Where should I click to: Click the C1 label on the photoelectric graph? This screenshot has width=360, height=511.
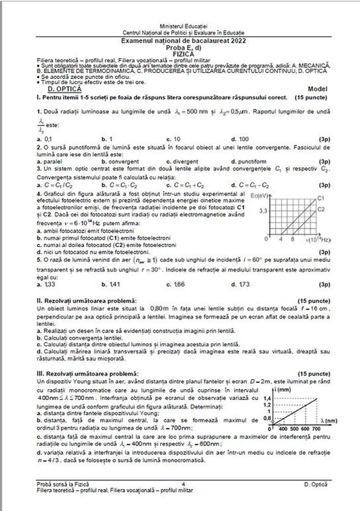321,197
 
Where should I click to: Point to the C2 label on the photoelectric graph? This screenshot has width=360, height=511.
321,209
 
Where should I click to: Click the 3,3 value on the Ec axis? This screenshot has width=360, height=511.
264,211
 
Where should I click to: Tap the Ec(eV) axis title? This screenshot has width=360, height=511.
267,195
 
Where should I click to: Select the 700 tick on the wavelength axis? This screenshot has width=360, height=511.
317,428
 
